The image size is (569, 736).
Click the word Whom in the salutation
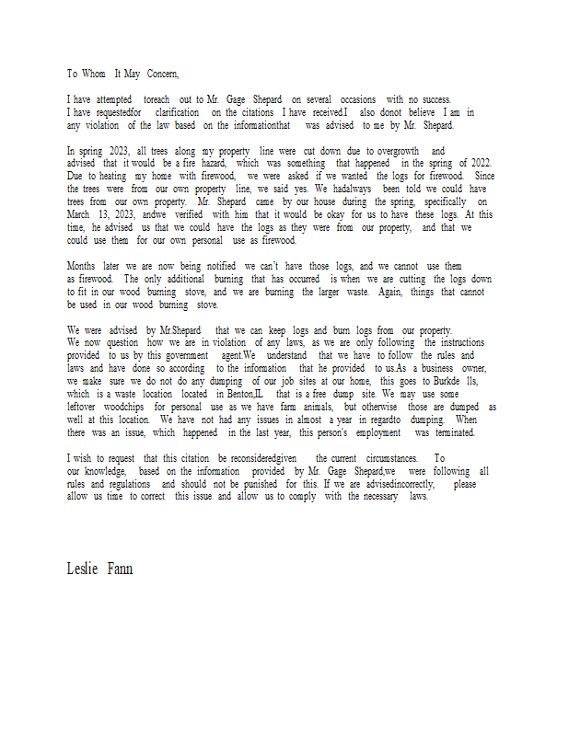tap(97, 74)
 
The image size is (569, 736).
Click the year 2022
tap(474, 163)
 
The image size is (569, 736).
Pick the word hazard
tap(216, 163)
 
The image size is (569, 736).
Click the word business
tap(435, 367)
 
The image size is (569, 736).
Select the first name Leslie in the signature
tap(82, 569)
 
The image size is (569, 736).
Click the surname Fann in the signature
tap(120, 569)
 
